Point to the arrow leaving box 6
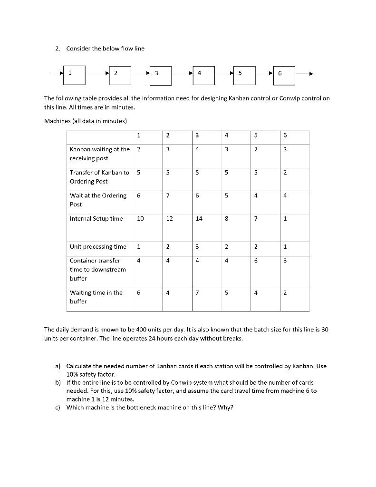pyautogui.click(x=305, y=74)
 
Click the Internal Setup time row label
pyautogui.click(x=96, y=219)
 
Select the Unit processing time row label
pyautogui.click(x=98, y=246)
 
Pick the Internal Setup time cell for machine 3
pyautogui.click(x=198, y=219)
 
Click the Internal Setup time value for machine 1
pyautogui.click(x=140, y=219)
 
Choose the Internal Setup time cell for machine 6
pyautogui.click(x=285, y=219)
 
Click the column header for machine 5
pyautogui.click(x=256, y=136)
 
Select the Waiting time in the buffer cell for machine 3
pyautogui.click(x=198, y=293)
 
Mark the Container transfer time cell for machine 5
pyautogui.click(x=256, y=261)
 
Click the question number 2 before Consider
pyautogui.click(x=57, y=49)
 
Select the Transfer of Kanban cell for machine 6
pyautogui.click(x=285, y=172)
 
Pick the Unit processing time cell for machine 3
pyautogui.click(x=198, y=246)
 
